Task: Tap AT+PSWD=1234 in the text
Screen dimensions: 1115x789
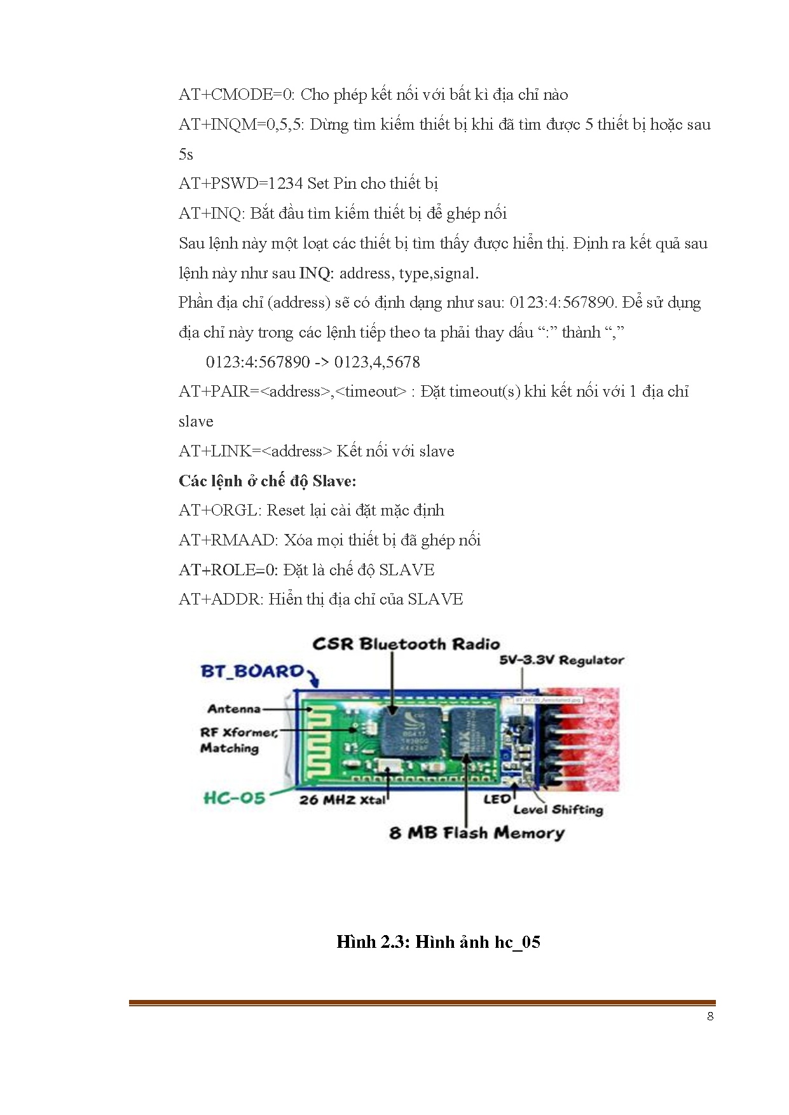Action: coord(241,184)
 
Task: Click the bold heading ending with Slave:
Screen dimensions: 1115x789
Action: coord(268,481)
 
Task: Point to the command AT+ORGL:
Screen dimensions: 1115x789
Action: coord(220,510)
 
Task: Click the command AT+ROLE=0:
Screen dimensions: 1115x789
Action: coord(228,570)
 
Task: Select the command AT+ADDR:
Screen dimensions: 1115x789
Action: coord(221,599)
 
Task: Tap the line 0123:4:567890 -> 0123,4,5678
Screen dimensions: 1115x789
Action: coord(313,362)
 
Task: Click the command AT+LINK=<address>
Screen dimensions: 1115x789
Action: coord(255,451)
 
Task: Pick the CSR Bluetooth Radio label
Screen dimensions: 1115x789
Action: coord(406,644)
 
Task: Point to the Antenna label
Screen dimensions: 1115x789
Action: coord(234,709)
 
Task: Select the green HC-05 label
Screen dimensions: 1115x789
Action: coord(235,798)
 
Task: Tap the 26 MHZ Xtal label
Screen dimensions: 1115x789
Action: coord(342,800)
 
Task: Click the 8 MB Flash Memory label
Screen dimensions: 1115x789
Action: coord(477,833)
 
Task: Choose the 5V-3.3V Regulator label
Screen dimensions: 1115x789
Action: coord(561,660)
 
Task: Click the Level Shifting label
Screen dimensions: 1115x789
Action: coord(558,810)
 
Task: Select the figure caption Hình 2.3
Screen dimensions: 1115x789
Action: coord(438,942)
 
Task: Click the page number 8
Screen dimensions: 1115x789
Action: coord(710,1016)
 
